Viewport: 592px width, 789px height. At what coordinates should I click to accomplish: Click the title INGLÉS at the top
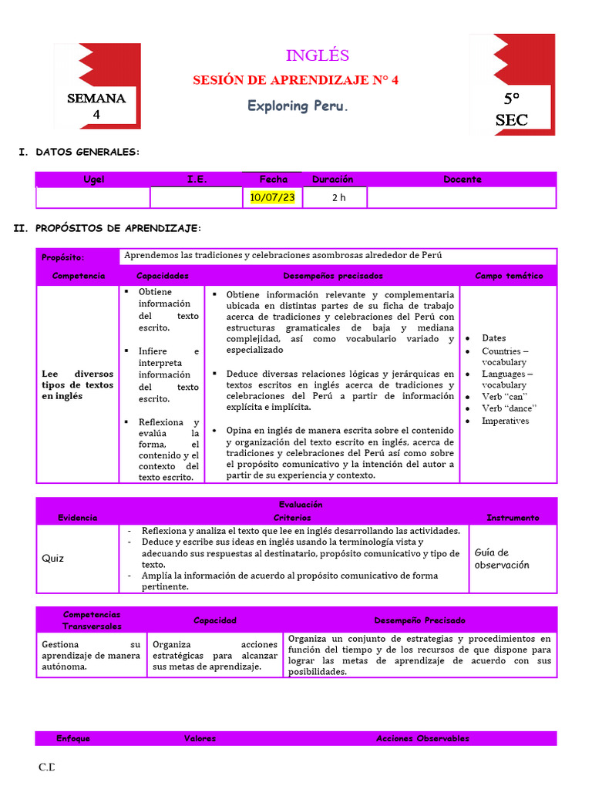(x=317, y=55)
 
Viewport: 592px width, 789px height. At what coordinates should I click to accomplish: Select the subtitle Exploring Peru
(x=298, y=106)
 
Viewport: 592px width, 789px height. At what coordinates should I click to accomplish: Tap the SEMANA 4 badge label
(x=96, y=106)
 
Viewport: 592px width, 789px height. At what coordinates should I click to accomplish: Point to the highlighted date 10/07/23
(x=273, y=197)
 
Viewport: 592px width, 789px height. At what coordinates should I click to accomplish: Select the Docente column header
(x=462, y=180)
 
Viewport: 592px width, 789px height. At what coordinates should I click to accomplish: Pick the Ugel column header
(x=93, y=180)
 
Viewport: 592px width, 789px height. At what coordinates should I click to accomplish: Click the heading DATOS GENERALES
(x=87, y=153)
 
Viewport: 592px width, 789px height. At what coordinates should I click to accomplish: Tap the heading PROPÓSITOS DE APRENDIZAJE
(x=118, y=229)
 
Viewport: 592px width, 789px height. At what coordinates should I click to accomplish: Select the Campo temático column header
(x=509, y=276)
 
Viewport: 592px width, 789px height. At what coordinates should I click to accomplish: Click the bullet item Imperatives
(x=505, y=421)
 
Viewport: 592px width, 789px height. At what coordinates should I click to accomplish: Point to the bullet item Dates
(x=493, y=338)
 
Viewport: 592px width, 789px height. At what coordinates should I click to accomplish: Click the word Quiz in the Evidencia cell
(x=53, y=559)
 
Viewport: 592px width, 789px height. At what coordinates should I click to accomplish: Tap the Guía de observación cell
(x=502, y=559)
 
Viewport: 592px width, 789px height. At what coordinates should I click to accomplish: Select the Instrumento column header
(x=513, y=518)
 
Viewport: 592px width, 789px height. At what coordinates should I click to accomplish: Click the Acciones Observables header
(x=422, y=738)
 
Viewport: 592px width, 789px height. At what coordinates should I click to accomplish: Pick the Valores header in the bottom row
(x=200, y=738)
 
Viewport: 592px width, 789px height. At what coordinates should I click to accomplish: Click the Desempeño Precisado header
(x=419, y=620)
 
